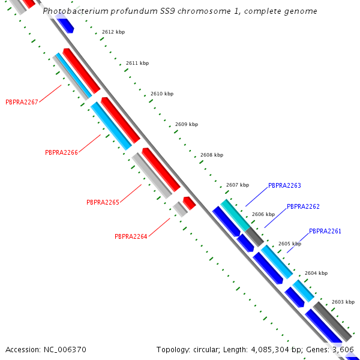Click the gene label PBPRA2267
click(22, 102)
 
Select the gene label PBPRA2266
click(62, 152)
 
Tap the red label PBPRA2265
click(103, 203)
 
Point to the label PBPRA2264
click(131, 236)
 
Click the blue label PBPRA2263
click(284, 186)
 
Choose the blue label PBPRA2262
click(303, 206)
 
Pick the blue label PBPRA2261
click(325, 231)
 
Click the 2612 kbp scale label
click(113, 32)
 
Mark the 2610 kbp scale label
click(161, 94)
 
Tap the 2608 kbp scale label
click(211, 155)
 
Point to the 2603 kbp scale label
click(343, 302)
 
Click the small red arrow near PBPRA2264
click(189, 203)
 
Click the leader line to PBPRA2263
click(256, 197)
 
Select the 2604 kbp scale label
click(316, 273)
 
